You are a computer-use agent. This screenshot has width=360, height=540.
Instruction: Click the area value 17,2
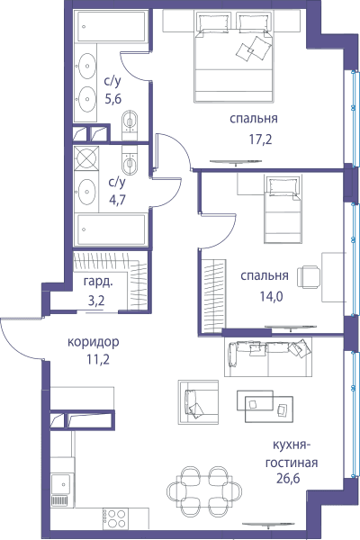coord(260,139)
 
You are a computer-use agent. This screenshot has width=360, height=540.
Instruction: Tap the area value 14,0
coord(271,296)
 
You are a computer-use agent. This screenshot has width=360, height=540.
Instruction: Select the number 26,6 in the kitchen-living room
coord(288,478)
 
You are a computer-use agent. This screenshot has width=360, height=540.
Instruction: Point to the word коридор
coord(94,343)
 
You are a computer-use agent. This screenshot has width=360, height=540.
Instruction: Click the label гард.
coord(98,282)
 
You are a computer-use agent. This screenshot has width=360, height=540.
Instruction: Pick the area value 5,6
coord(113,99)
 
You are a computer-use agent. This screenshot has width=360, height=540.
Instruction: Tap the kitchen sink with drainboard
coord(62,490)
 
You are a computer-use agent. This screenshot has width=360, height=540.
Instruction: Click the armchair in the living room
coord(198,402)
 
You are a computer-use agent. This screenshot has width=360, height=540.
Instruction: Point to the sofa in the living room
coord(268,357)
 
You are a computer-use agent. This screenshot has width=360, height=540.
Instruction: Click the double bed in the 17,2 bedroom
coord(235,56)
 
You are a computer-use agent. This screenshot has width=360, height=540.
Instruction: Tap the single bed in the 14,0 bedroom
coord(283,210)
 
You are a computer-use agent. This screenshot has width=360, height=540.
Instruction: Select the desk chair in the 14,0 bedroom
coord(309,276)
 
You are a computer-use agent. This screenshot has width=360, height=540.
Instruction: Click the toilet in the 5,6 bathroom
coord(130,123)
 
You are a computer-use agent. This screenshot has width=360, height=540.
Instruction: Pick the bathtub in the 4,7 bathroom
coord(112,229)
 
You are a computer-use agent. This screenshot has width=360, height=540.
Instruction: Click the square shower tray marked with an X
coord(86,157)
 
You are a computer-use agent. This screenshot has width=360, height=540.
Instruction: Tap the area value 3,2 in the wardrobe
coord(96,301)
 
